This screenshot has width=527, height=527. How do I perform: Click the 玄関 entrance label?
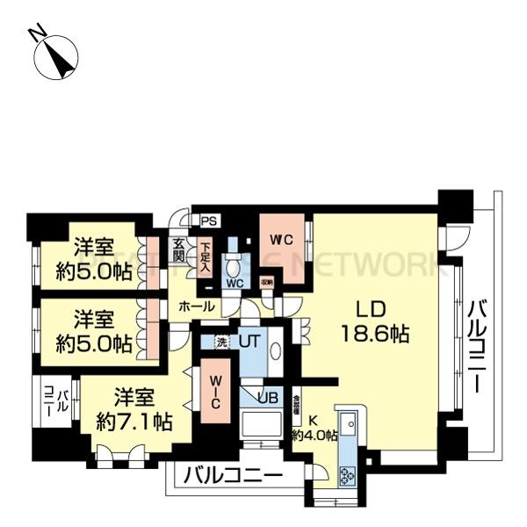click(178, 250)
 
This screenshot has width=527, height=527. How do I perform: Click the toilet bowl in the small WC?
click(233, 265)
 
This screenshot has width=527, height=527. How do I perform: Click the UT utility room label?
click(249, 341)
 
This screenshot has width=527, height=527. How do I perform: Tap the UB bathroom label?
click(270, 397)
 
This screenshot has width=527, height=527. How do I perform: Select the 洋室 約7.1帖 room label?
click(133, 406)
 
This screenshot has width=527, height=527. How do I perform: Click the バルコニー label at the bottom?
click(232, 476)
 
